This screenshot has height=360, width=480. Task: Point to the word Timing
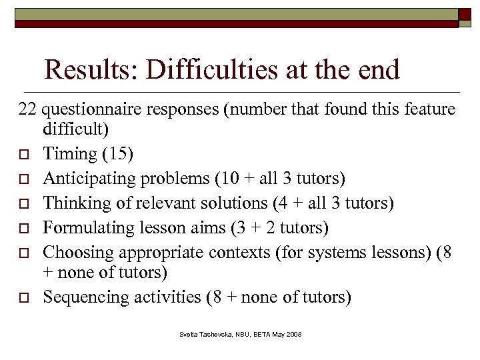click(69, 154)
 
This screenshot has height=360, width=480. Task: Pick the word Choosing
click(73, 252)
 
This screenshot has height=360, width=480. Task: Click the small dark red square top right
click(465, 17)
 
